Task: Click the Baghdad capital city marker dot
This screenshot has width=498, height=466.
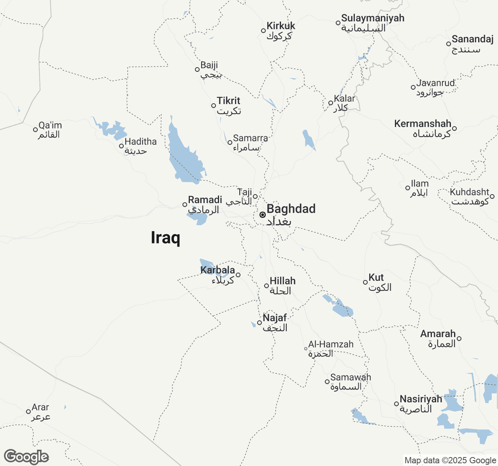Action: point(263,215)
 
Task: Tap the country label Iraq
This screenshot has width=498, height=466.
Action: point(165,237)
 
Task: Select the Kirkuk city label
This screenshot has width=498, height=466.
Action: point(281,26)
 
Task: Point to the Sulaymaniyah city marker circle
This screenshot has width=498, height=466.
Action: point(338,23)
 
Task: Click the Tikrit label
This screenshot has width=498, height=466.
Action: point(228,101)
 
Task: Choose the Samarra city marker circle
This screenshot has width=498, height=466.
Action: point(230,143)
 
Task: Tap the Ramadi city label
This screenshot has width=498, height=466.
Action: point(205,200)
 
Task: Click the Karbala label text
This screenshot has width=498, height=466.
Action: point(218,270)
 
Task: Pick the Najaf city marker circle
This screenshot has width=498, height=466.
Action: point(260,323)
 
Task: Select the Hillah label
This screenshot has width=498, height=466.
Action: point(282,281)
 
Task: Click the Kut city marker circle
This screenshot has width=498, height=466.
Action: point(365,282)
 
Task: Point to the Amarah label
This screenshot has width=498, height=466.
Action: point(438,334)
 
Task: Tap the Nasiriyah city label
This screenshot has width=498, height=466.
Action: point(421,399)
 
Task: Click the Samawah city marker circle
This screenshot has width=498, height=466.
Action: point(327,382)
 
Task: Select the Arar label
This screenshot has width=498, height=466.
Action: point(40,407)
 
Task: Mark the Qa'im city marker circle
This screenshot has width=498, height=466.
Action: point(35,130)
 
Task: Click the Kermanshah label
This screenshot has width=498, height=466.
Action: point(423,124)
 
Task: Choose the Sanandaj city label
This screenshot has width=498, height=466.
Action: point(472,39)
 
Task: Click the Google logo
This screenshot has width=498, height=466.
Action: point(26,457)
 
